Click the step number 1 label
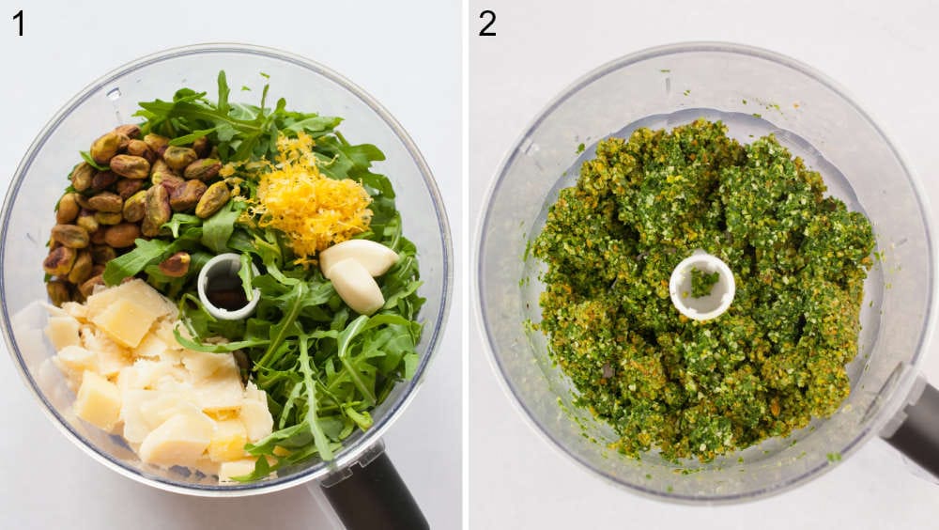(x=18, y=23)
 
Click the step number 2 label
(x=486, y=23)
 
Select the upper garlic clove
(x=360, y=255)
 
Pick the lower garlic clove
(x=356, y=286)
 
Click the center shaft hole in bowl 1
(x=227, y=286)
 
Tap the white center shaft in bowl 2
(x=702, y=286)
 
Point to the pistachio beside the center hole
(x=176, y=264)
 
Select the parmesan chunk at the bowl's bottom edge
(x=235, y=468)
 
